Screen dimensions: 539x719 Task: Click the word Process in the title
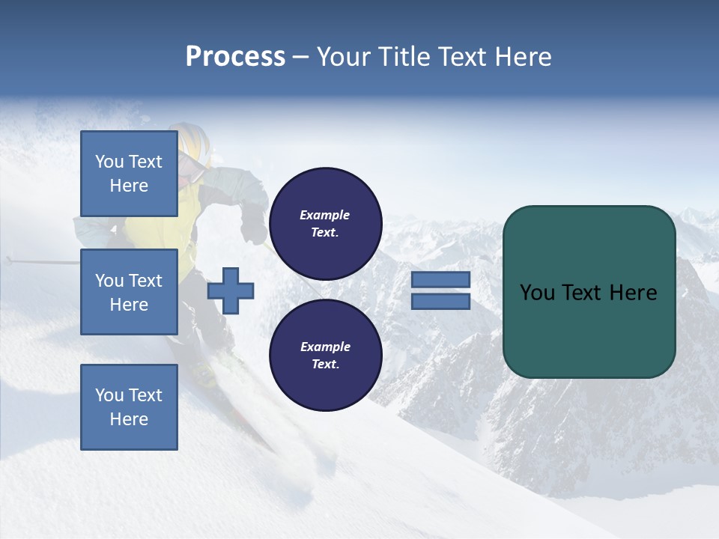click(235, 57)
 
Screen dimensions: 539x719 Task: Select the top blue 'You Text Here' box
click(129, 174)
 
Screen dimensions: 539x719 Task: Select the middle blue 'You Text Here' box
click(129, 292)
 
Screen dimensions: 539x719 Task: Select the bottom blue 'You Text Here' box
click(129, 406)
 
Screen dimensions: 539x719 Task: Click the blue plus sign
click(231, 290)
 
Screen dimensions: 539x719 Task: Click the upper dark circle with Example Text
click(325, 223)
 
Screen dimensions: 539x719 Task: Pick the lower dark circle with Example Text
click(325, 355)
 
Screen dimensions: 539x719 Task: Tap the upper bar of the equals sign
click(440, 280)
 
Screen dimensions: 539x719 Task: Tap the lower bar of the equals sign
click(440, 301)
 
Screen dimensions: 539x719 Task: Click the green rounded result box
click(589, 291)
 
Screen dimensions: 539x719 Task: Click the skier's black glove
click(253, 228)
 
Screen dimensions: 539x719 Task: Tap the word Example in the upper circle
click(325, 215)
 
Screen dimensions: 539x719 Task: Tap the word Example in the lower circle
click(325, 347)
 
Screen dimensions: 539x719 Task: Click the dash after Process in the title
click(300, 57)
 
